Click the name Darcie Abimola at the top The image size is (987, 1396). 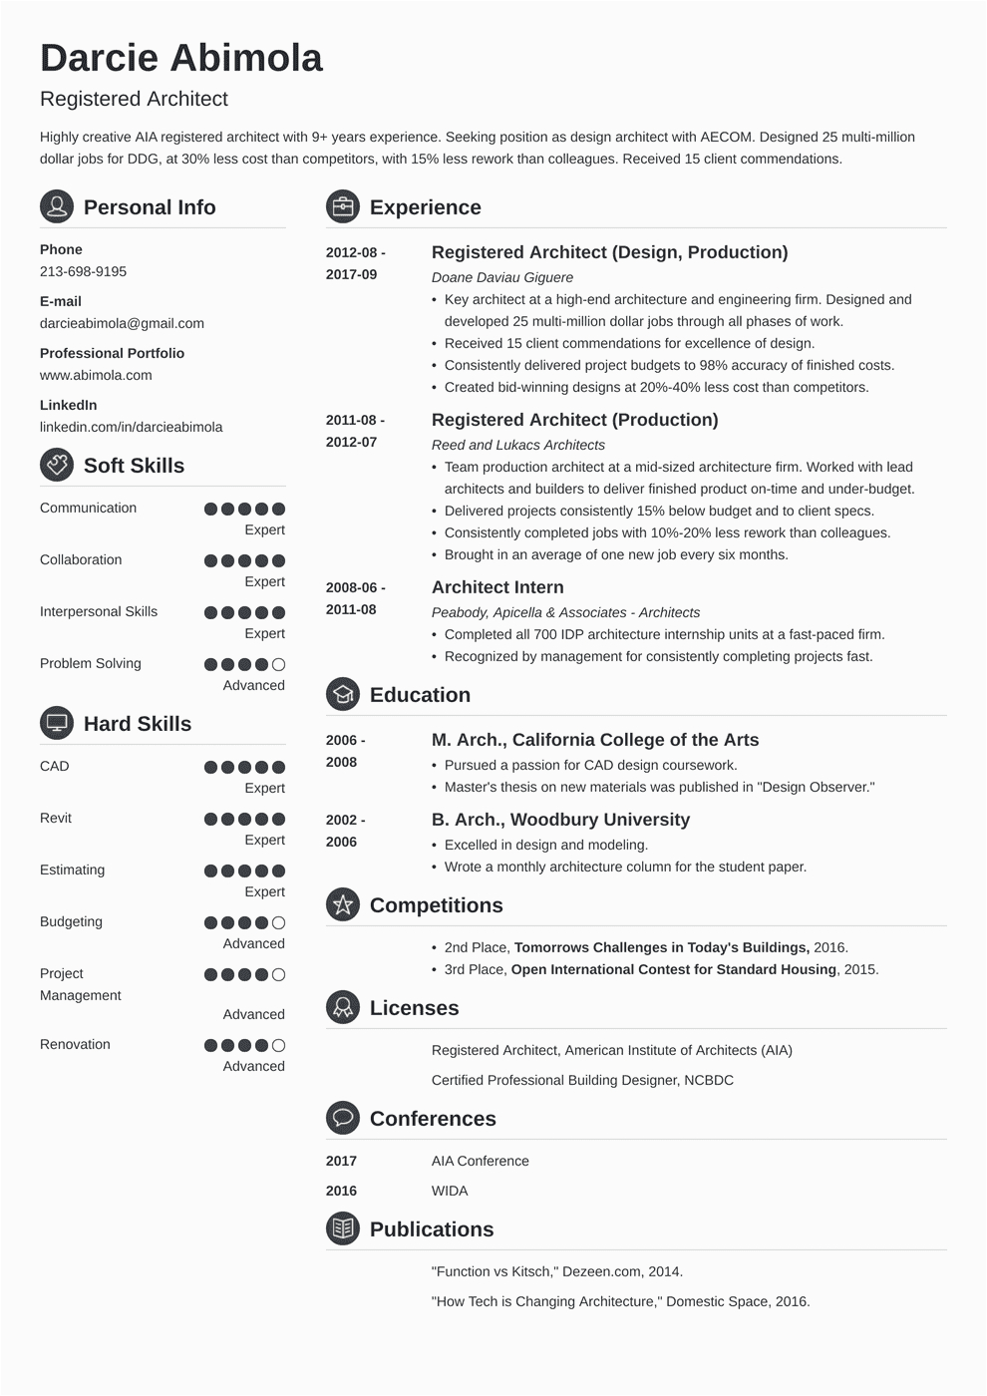click(x=181, y=58)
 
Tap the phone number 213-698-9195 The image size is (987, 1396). click(x=83, y=271)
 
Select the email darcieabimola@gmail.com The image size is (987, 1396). click(x=122, y=323)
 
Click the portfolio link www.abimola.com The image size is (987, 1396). click(x=96, y=375)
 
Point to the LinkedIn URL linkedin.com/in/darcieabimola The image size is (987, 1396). click(x=131, y=427)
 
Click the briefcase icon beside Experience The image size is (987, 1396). click(x=342, y=207)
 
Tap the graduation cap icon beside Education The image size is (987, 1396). click(x=342, y=695)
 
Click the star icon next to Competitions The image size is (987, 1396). click(x=342, y=905)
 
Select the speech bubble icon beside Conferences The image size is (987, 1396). click(x=342, y=1119)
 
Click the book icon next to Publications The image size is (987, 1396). click(x=342, y=1229)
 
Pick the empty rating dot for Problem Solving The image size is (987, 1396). click(x=279, y=664)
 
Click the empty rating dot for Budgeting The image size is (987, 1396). click(x=279, y=922)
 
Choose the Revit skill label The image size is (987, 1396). click(x=56, y=818)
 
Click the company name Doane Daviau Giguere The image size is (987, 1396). click(x=501, y=277)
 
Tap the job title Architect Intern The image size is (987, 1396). click(x=497, y=587)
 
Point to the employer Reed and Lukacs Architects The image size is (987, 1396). click(x=517, y=445)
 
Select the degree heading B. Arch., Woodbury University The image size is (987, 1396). click(x=560, y=820)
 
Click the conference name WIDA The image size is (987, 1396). click(x=450, y=1191)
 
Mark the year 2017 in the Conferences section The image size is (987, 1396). click(x=341, y=1161)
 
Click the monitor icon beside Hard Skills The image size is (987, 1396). click(x=57, y=724)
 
